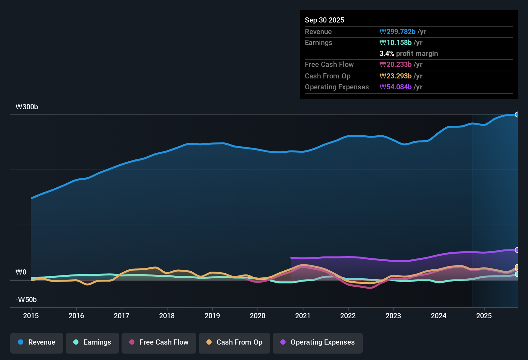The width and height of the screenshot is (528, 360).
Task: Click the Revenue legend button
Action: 37,342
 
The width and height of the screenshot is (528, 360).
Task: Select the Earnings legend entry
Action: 92,342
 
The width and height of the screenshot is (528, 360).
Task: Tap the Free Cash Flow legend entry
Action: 159,342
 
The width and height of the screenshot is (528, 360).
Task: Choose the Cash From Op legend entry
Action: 234,342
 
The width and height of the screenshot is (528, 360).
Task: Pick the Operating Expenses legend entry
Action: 318,342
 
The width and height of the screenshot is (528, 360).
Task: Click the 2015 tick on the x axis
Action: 31,316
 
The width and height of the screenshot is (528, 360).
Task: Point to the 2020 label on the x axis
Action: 258,316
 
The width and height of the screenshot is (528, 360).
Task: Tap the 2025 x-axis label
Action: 484,316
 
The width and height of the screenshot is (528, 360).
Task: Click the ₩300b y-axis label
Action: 27,107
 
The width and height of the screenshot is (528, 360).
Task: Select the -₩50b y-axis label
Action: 26,300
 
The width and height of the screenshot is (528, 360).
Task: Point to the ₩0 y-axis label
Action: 21,272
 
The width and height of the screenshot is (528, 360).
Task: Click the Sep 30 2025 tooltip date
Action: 324,20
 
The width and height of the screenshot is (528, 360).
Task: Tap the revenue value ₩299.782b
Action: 397,32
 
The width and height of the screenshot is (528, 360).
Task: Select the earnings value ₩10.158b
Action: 396,42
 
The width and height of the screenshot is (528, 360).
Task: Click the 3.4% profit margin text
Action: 408,53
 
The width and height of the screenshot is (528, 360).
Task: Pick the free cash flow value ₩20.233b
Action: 396,64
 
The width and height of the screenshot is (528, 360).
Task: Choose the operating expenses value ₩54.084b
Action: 396,87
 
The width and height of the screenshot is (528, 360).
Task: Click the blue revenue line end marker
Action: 517,114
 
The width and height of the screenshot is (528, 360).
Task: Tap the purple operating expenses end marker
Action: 517,250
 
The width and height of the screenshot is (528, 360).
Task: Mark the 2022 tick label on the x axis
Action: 348,316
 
